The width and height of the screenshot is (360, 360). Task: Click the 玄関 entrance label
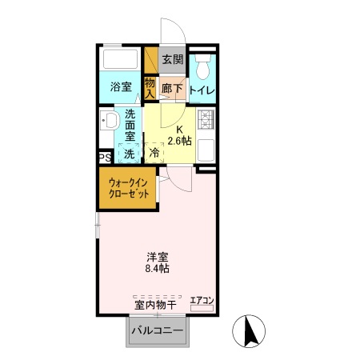[171, 59]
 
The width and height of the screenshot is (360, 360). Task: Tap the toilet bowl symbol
[202, 63]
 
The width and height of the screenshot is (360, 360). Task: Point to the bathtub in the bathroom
[121, 61]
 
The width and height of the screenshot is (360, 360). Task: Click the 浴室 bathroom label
[121, 86]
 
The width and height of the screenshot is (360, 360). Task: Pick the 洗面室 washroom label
[130, 126]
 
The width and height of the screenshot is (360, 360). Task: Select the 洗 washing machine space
[129, 152]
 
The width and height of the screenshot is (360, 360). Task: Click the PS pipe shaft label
[104, 158]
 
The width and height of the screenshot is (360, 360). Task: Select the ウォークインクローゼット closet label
[128, 189]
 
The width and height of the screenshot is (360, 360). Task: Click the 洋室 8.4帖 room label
[157, 262]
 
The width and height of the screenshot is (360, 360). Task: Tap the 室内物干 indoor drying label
[156, 304]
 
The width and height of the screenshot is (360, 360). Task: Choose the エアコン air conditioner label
[202, 301]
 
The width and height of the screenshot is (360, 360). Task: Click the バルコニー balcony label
[158, 330]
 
